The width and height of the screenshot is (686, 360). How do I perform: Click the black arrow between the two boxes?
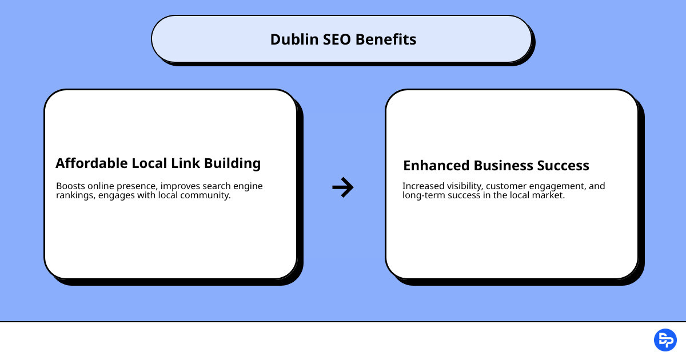pyautogui.click(x=343, y=187)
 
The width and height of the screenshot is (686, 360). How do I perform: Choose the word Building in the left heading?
pyautogui.click(x=232, y=164)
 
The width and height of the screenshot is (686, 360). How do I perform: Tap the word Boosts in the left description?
pyautogui.click(x=69, y=186)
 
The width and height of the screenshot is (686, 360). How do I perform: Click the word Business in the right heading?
pyautogui.click(x=503, y=166)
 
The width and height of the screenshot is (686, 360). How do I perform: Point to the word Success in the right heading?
pyautogui.click(x=563, y=166)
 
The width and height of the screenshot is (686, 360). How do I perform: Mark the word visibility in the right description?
pyautogui.click(x=464, y=186)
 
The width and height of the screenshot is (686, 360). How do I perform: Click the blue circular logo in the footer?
pyautogui.click(x=665, y=340)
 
